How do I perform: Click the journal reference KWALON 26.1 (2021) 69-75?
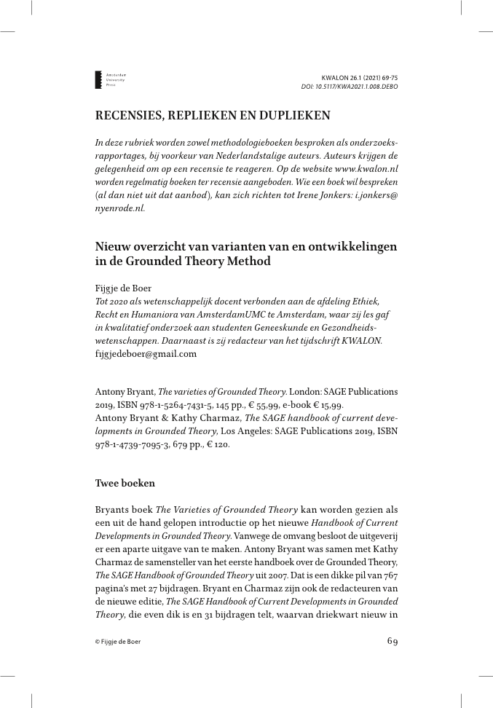359,77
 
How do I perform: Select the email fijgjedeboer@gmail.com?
146,354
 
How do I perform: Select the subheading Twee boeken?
125,484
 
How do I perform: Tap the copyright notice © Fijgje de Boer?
118,642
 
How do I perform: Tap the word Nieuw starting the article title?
112,247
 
